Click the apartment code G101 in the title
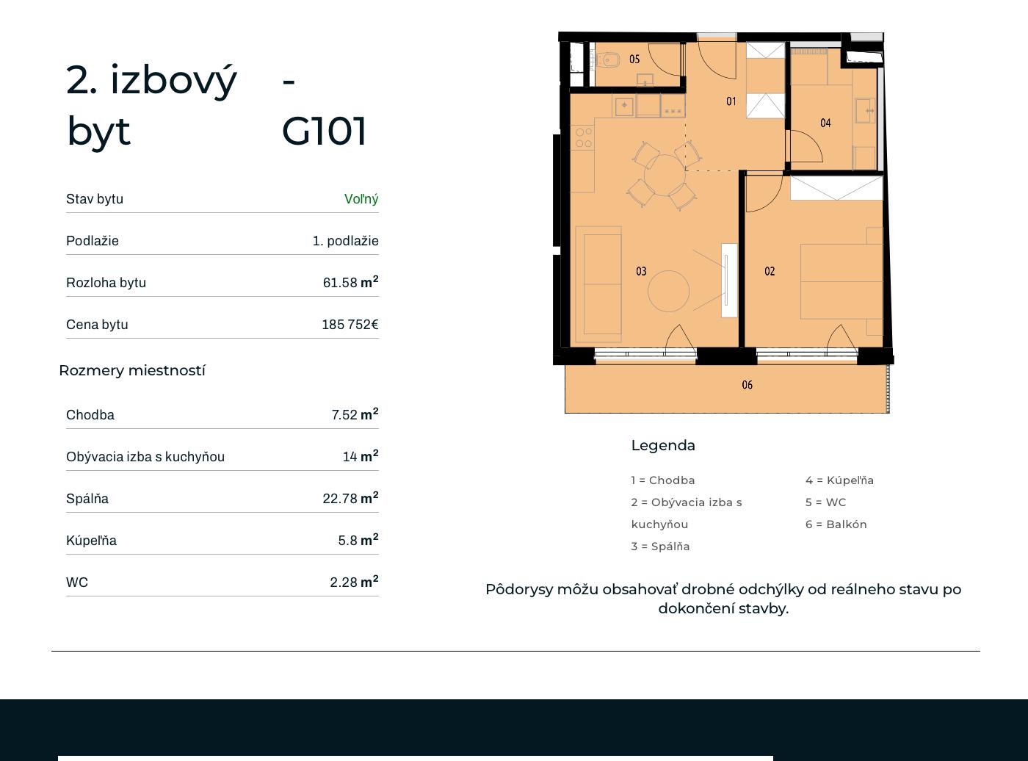pyautogui.click(x=324, y=131)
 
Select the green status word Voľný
pyautogui.click(x=361, y=199)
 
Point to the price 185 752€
pyautogui.click(x=350, y=324)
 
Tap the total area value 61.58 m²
pyautogui.click(x=350, y=282)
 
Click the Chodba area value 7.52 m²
pyautogui.click(x=355, y=414)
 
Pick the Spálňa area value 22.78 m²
pyautogui.click(x=350, y=498)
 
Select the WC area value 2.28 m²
pyautogui.click(x=354, y=582)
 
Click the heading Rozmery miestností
pyautogui.click(x=132, y=370)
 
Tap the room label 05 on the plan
pyautogui.click(x=634, y=59)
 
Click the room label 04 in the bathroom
pyautogui.click(x=825, y=123)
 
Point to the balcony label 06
pyautogui.click(x=747, y=384)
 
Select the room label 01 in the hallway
pyautogui.click(x=731, y=101)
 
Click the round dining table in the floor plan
pyautogui.click(x=665, y=176)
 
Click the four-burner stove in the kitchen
pyautogui.click(x=584, y=138)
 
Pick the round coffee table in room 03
pyautogui.click(x=668, y=291)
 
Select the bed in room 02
pyautogui.click(x=841, y=281)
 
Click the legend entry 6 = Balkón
pyautogui.click(x=836, y=524)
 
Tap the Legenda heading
pyautogui.click(x=663, y=446)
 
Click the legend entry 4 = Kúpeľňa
pyautogui.click(x=839, y=480)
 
